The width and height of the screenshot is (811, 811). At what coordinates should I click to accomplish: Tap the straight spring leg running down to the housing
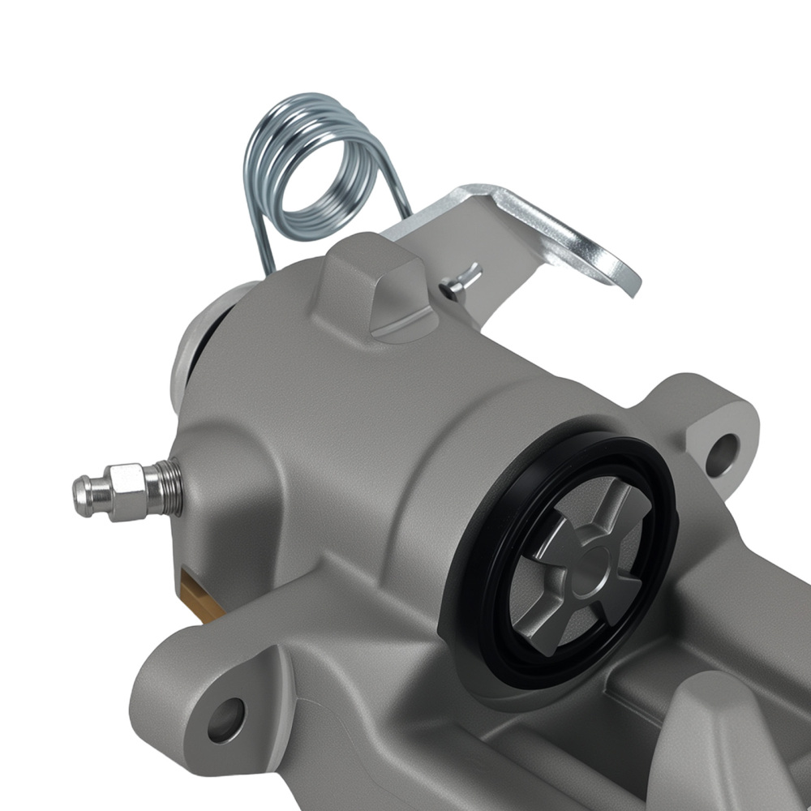tap(261, 243)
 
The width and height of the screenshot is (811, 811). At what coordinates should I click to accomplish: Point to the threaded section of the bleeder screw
tap(168, 487)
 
